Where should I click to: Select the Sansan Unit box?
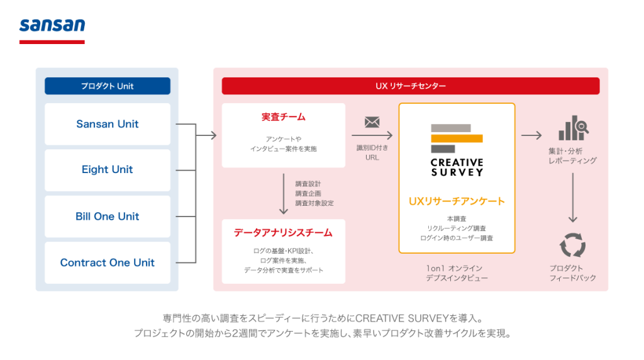tap(108, 124)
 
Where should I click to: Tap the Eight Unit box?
tap(108, 170)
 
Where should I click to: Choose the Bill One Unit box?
tap(108, 217)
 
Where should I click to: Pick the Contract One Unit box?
tap(108, 262)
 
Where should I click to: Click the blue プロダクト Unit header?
tap(108, 86)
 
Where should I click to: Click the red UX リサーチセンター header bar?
tap(411, 86)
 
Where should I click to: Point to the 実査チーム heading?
tap(283, 117)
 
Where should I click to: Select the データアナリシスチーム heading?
tap(283, 233)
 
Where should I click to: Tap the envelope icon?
tap(372, 122)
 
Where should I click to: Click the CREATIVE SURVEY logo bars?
tap(457, 138)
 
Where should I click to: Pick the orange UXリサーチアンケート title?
tap(457, 201)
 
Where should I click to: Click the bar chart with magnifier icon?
tap(572, 130)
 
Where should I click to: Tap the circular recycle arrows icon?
tap(572, 245)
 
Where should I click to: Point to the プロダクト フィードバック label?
tap(572, 273)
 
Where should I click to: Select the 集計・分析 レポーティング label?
tap(572, 156)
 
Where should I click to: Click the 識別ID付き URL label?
tap(372, 152)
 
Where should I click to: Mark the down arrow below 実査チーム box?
tap(283, 194)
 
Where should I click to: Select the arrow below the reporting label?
tap(572, 197)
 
